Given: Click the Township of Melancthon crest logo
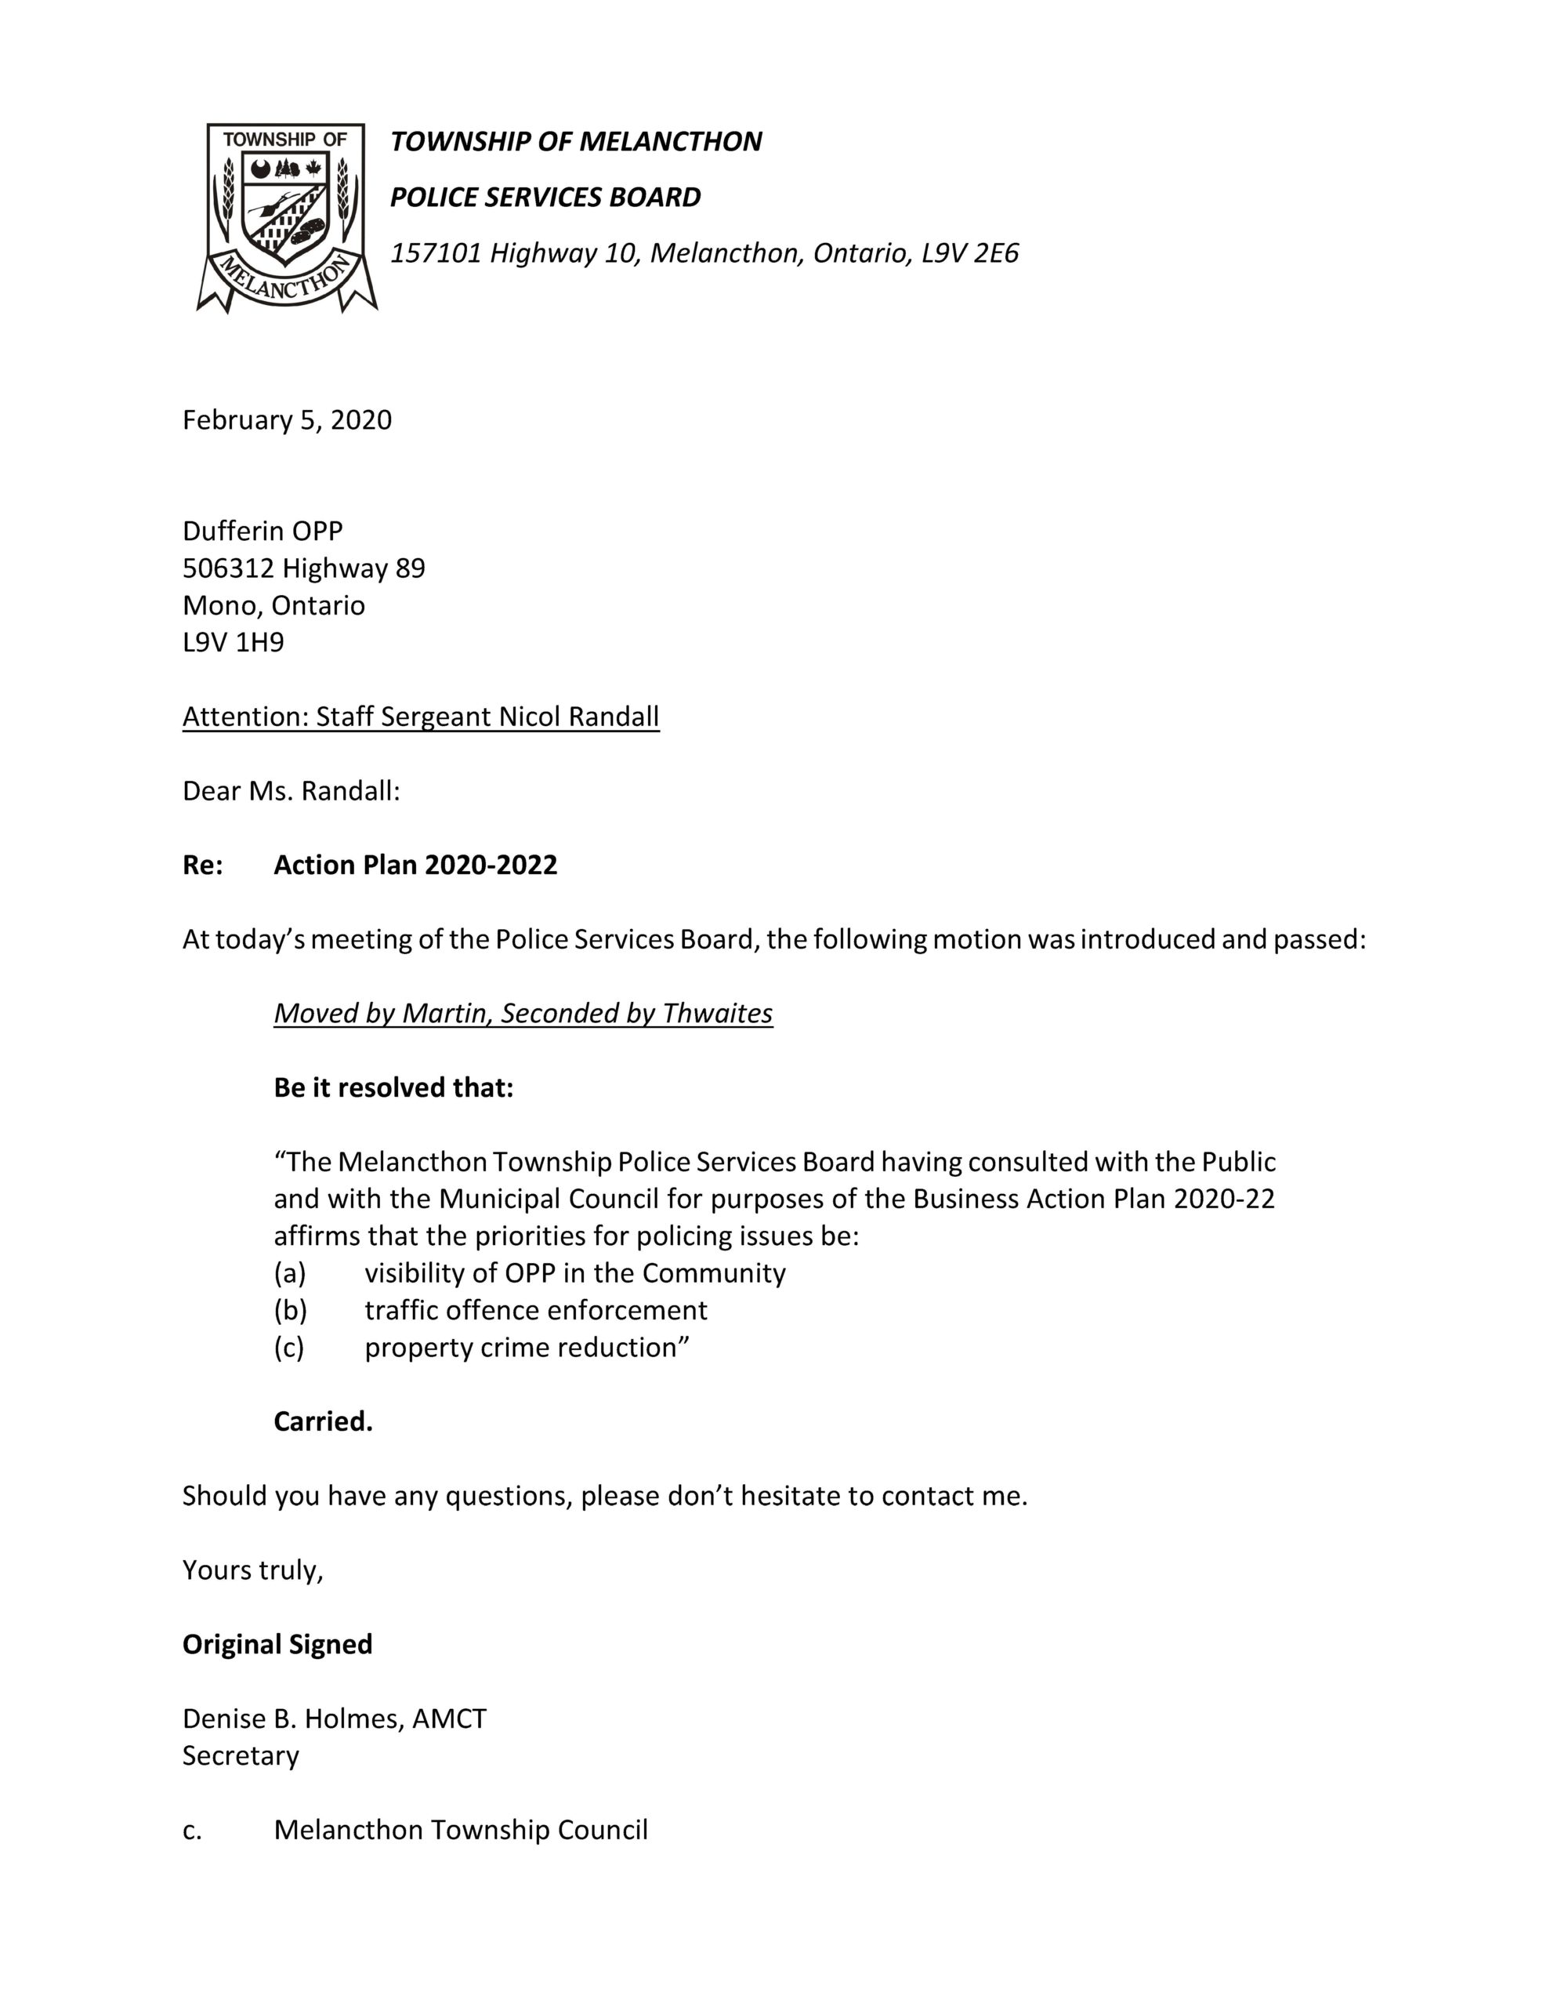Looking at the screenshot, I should pyautogui.click(x=286, y=217).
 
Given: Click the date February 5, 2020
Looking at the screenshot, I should pyautogui.click(x=287, y=420).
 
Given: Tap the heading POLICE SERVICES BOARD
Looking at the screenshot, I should pyautogui.click(x=545, y=197).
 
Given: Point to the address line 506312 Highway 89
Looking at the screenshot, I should pyautogui.click(x=303, y=568).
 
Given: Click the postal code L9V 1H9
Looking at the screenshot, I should pyautogui.click(x=234, y=642).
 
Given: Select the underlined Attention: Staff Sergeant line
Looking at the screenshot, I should pyautogui.click(x=420, y=716).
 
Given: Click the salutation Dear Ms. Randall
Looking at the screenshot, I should pyautogui.click(x=291, y=790).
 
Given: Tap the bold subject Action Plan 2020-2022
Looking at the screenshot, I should pyautogui.click(x=415, y=865).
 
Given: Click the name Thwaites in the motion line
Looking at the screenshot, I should pyautogui.click(x=717, y=1013).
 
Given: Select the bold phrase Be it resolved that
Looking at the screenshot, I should pyautogui.click(x=393, y=1087).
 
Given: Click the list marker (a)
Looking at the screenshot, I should pyautogui.click(x=289, y=1272).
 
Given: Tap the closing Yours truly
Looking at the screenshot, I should pyautogui.click(x=252, y=1570).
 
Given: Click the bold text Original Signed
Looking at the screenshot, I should pyautogui.click(x=277, y=1644).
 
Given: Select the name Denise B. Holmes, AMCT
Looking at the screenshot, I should pyautogui.click(x=335, y=1718).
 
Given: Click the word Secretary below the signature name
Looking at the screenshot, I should pyautogui.click(x=241, y=1755).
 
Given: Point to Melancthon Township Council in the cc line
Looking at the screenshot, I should pyautogui.click(x=460, y=1830).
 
